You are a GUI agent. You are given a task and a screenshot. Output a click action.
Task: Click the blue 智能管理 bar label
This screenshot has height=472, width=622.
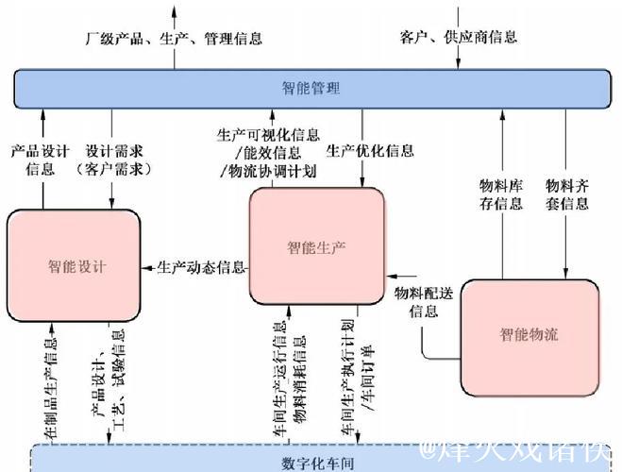tap(311, 89)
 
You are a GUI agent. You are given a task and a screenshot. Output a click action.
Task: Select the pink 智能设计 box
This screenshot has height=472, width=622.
tap(74, 267)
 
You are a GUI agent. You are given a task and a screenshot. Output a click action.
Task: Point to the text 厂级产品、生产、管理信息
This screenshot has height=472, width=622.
tap(174, 39)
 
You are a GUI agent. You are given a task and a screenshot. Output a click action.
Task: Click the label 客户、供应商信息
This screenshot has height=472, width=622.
tap(459, 38)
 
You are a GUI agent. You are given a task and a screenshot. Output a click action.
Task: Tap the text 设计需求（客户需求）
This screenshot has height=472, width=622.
tap(112, 160)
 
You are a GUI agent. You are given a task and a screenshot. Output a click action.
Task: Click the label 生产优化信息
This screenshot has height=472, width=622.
tap(370, 150)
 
